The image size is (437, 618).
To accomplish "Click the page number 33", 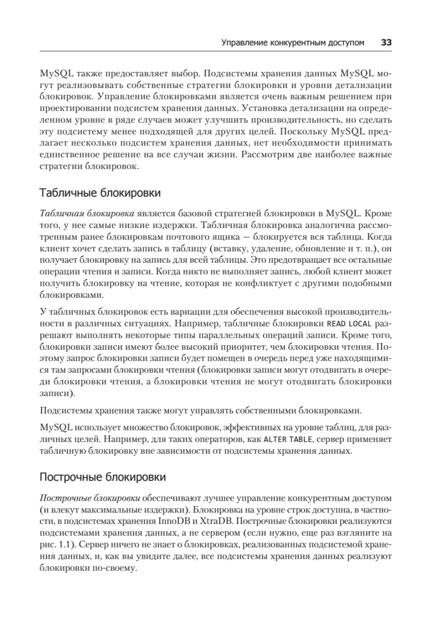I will point(387,43).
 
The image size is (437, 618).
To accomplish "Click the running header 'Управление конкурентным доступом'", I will point(292,43).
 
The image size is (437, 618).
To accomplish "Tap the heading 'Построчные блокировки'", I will point(103,477).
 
